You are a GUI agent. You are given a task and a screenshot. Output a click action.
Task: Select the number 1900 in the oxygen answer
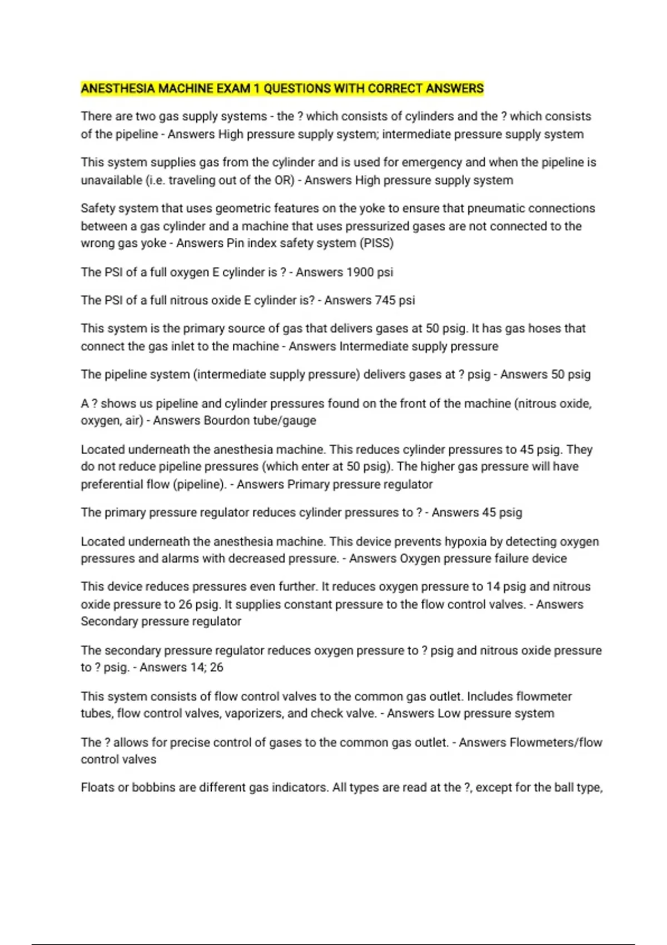pyautogui.click(x=360, y=272)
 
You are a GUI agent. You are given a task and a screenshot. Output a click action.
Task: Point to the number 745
pyautogui.click(x=385, y=300)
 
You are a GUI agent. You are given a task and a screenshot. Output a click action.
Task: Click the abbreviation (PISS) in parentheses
pyautogui.click(x=377, y=243)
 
